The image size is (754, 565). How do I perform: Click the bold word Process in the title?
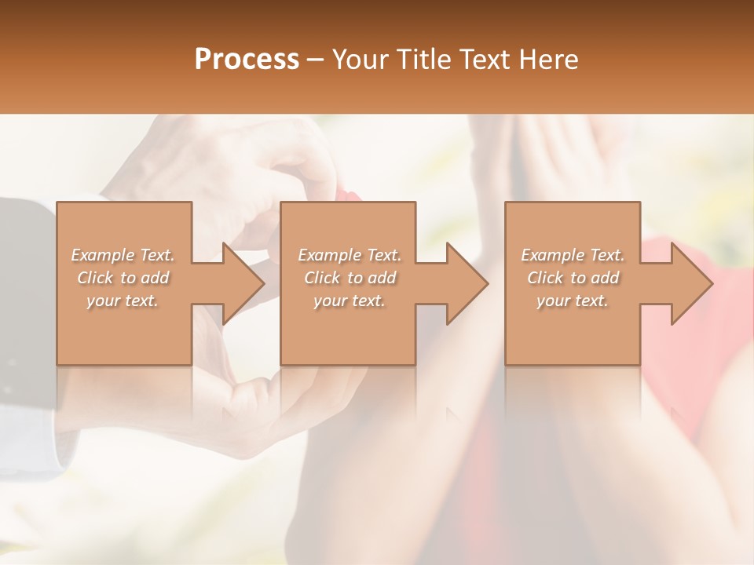click(247, 60)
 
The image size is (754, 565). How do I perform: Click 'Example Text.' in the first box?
click(123, 255)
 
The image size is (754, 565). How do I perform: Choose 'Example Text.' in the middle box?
click(350, 255)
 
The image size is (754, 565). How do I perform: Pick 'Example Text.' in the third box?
click(573, 255)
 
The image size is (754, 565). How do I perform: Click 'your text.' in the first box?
click(123, 301)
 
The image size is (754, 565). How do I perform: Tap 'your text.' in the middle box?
click(350, 301)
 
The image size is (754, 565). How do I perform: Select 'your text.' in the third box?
click(573, 301)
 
